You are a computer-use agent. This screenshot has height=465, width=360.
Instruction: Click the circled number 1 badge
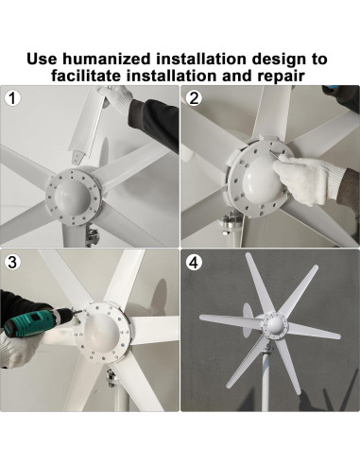pyautogui.click(x=12, y=98)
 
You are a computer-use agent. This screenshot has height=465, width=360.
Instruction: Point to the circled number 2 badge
pyautogui.click(x=194, y=98)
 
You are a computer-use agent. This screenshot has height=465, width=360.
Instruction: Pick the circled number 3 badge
pyautogui.click(x=12, y=263)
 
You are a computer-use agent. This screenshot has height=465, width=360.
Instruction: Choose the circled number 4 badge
pyautogui.click(x=194, y=263)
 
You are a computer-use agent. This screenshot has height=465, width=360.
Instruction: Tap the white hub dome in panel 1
pyautogui.click(x=72, y=197)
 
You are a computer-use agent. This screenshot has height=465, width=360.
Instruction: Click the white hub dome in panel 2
pyautogui.click(x=262, y=179)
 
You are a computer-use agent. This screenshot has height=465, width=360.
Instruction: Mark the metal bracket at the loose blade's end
pyautogui.click(x=77, y=157)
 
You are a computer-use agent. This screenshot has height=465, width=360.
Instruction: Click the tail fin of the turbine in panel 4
pyautogui.click(x=248, y=319)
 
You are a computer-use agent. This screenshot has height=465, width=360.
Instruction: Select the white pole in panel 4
pyautogui.click(x=266, y=378)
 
